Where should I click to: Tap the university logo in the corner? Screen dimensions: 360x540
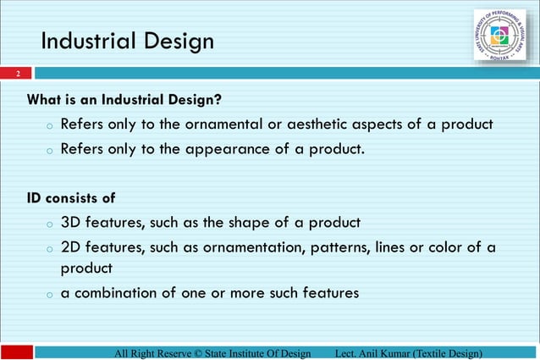point(499,36)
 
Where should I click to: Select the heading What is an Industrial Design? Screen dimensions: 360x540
point(124,100)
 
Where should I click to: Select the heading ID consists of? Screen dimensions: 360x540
point(71,198)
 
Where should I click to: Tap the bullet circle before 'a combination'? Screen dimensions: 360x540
point(50,295)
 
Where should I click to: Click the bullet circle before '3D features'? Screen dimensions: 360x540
point(50,224)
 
